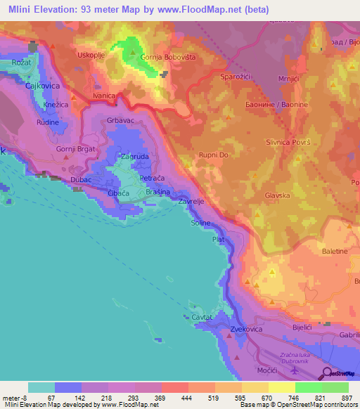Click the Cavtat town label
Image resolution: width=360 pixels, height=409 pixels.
tap(205, 317)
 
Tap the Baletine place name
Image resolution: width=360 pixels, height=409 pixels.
tap(335, 251)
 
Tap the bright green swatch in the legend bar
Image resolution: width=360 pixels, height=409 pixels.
tap(308, 387)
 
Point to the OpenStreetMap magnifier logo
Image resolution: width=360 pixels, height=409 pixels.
tap(329, 374)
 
